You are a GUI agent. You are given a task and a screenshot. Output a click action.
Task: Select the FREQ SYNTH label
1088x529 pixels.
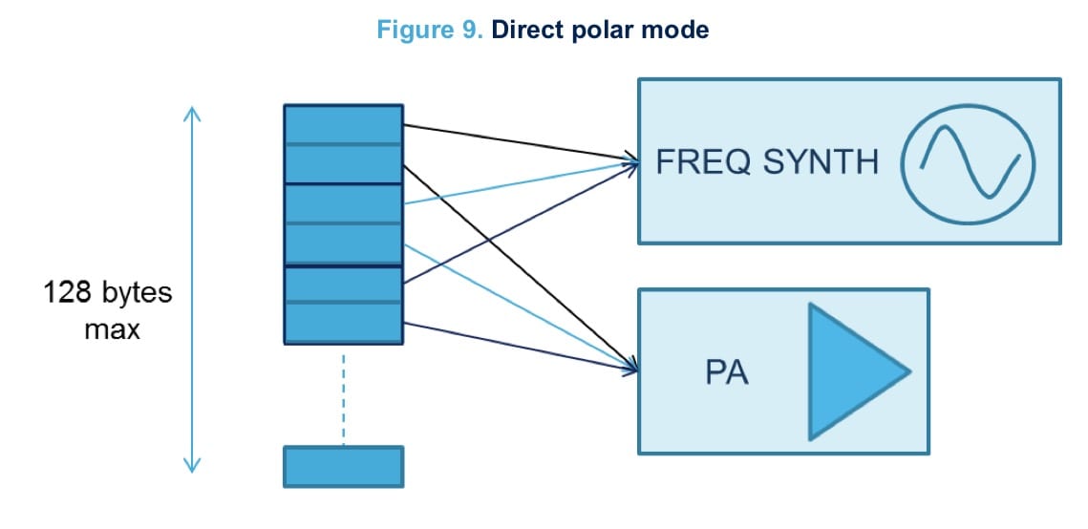(x=767, y=161)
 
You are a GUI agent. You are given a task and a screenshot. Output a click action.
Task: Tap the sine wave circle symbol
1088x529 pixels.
(x=970, y=161)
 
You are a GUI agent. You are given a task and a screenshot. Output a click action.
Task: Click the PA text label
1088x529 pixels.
(x=727, y=372)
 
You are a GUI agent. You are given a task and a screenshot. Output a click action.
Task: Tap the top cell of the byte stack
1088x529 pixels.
(x=343, y=124)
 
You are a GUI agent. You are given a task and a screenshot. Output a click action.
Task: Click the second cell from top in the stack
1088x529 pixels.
(x=343, y=163)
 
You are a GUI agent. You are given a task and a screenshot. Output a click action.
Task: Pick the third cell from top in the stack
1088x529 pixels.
(x=343, y=203)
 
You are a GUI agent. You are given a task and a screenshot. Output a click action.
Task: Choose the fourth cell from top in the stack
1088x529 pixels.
(x=343, y=244)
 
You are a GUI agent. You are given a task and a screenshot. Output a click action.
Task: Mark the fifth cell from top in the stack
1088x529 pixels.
(x=343, y=286)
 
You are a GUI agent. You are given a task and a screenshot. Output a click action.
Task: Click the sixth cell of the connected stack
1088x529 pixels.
(x=343, y=323)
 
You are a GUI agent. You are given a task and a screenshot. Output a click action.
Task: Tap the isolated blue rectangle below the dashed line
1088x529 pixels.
(x=343, y=466)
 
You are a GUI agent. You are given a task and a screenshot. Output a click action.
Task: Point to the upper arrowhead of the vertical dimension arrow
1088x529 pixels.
(x=192, y=112)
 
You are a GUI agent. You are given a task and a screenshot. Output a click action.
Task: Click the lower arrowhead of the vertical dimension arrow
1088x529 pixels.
(x=192, y=466)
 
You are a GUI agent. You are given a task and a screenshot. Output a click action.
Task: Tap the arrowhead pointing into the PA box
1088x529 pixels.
(x=632, y=368)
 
